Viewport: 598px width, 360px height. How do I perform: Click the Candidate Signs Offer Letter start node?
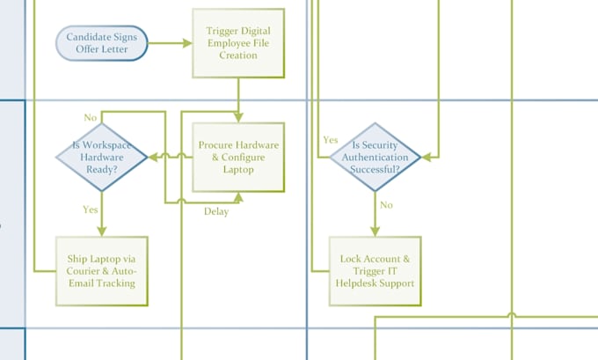(102, 43)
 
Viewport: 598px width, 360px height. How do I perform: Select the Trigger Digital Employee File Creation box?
(238, 43)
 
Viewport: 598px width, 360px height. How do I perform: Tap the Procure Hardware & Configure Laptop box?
(238, 157)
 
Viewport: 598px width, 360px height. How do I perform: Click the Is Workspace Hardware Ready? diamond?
(102, 157)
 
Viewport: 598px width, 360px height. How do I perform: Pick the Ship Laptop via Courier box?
(102, 271)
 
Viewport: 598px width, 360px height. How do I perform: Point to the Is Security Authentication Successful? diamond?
(376, 157)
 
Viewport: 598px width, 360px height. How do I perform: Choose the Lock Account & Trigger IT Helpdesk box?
(376, 271)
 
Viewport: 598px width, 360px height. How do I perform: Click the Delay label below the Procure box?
(216, 211)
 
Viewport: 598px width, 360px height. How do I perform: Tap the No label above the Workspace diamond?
(91, 118)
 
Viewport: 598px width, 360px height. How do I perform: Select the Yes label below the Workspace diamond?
(91, 209)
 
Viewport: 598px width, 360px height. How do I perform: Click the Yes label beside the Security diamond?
(331, 140)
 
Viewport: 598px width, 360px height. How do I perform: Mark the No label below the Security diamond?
(386, 205)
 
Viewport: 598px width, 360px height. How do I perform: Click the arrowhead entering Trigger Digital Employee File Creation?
(187, 43)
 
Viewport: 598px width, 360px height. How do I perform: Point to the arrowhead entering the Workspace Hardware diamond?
(152, 157)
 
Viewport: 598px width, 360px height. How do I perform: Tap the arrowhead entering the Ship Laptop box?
(102, 231)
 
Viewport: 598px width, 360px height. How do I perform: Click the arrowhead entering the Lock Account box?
(376, 231)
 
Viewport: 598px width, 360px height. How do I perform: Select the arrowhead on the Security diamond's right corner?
(427, 157)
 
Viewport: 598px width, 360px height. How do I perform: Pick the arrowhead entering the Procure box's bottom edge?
(238, 196)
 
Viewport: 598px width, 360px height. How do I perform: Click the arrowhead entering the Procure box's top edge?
(238, 118)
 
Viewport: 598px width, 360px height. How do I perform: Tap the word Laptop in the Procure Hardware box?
(238, 169)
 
